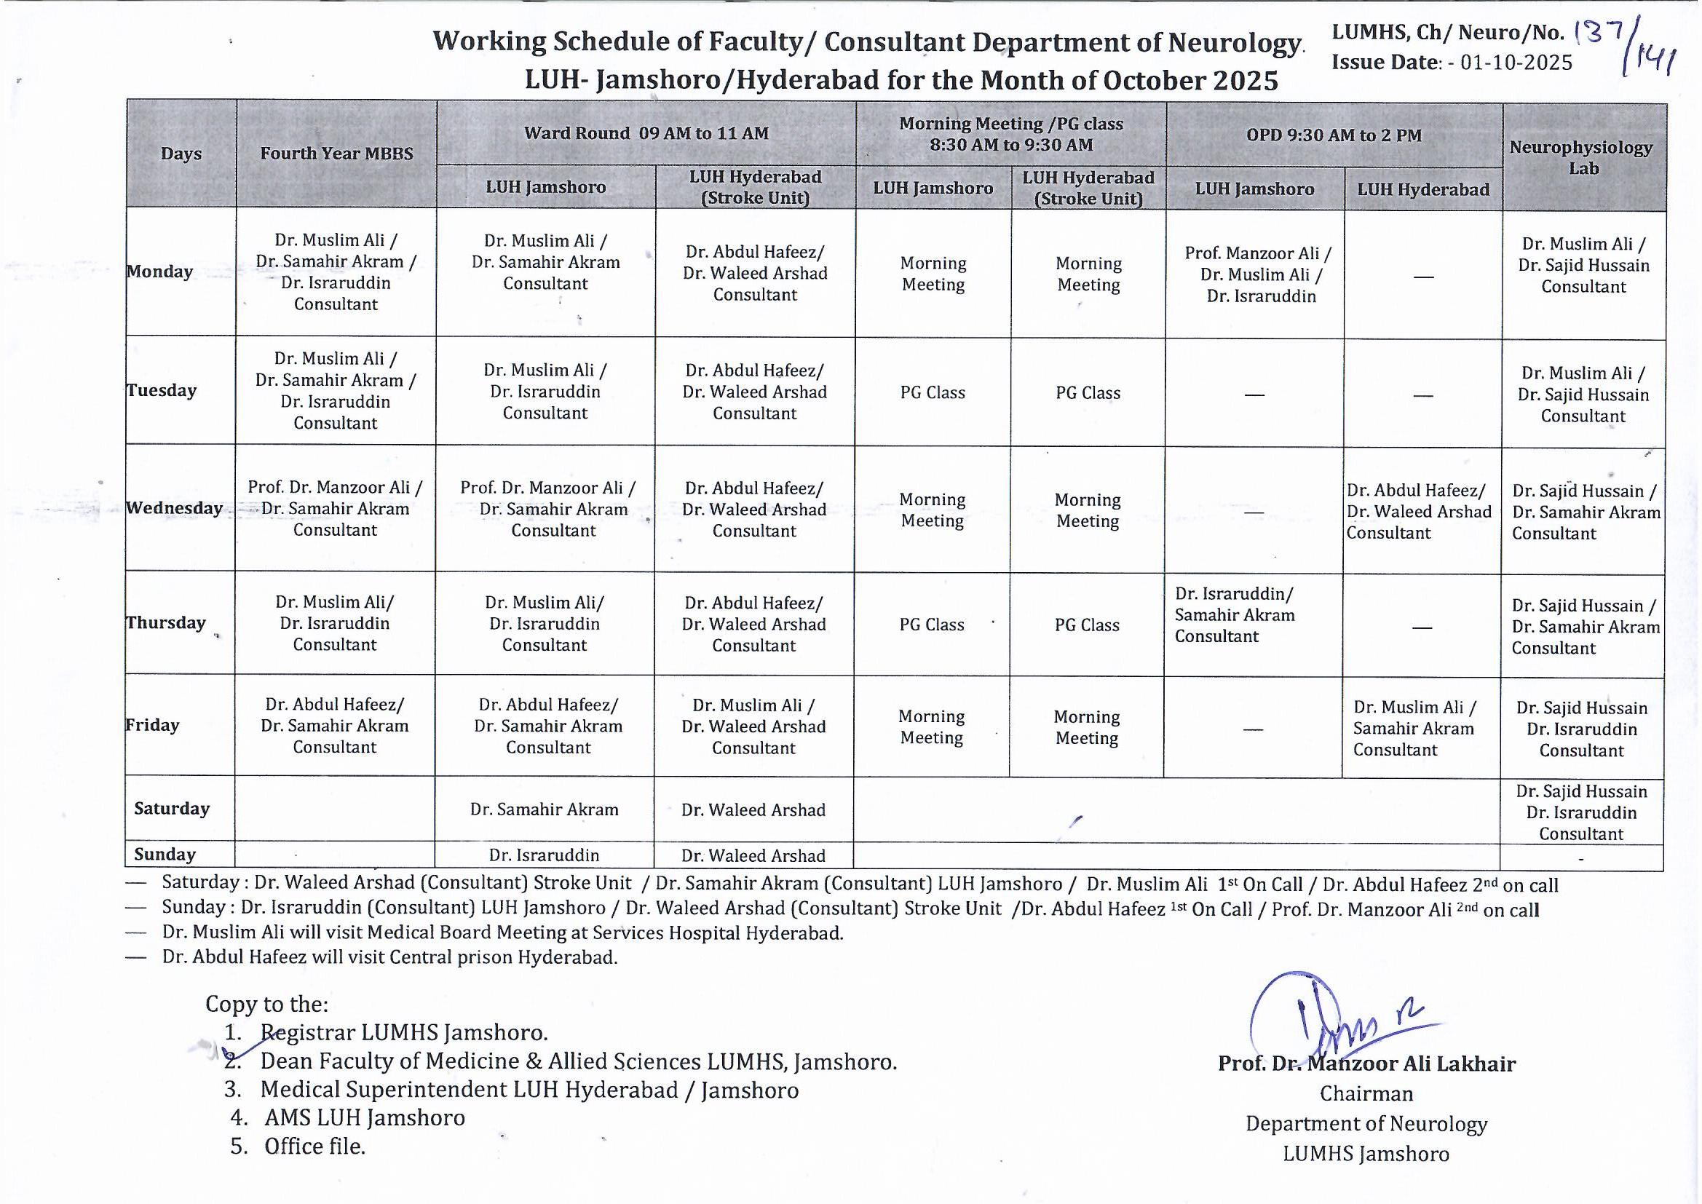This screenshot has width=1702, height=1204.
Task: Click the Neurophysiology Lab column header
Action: [x=1582, y=157]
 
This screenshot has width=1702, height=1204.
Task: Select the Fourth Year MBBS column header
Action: [x=336, y=154]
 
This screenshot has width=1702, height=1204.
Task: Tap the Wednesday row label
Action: [x=175, y=508]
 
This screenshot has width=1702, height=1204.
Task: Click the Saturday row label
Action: [x=172, y=808]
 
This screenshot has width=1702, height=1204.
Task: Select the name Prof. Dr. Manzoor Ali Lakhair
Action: [x=1366, y=1064]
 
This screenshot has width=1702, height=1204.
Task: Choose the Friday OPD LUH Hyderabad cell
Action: [x=1414, y=728]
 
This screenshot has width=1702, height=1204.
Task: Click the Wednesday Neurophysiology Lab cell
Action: [x=1584, y=512]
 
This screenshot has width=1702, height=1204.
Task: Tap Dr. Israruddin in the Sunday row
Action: [x=544, y=855]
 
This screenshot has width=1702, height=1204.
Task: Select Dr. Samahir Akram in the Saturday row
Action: [x=544, y=809]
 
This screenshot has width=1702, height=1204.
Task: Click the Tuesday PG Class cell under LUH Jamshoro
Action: [x=933, y=393]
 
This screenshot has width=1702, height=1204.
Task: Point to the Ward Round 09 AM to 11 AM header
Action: [x=646, y=133]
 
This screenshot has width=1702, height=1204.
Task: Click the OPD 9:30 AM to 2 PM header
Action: [x=1334, y=135]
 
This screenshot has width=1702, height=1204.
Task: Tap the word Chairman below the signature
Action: [x=1366, y=1093]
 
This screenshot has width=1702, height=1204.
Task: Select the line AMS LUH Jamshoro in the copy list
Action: [x=364, y=1117]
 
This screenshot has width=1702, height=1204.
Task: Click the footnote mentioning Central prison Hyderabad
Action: [x=389, y=957]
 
